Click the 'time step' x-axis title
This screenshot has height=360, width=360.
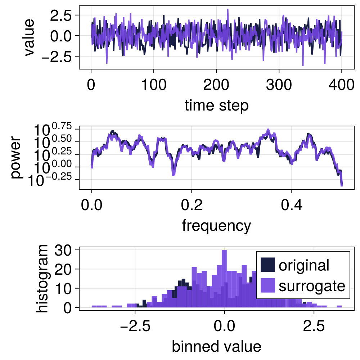[216, 106]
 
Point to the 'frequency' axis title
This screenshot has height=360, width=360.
[216, 226]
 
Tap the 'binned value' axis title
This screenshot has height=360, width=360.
[216, 346]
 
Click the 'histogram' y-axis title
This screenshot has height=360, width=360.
[43, 278]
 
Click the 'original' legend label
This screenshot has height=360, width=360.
[304, 265]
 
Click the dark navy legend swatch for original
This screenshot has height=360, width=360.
[268, 265]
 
